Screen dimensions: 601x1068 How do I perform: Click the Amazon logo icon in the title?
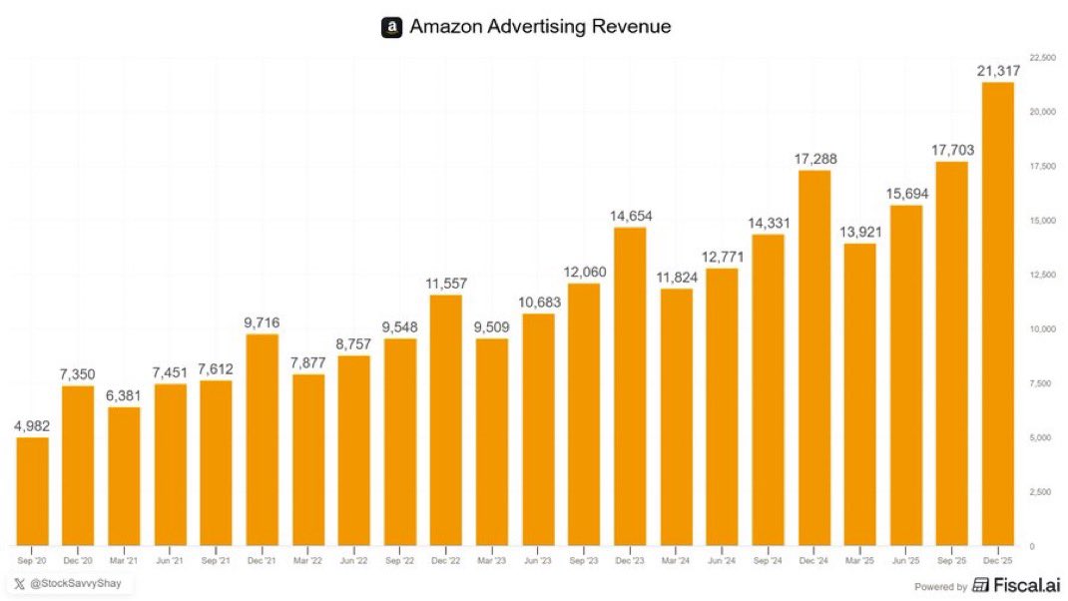[x=391, y=27]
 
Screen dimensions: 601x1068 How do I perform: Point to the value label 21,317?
[x=997, y=69]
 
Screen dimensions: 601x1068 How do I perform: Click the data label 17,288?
[x=814, y=158]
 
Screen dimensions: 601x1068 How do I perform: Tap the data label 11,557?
[x=446, y=283]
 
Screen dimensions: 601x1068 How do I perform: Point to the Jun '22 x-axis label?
[x=354, y=560]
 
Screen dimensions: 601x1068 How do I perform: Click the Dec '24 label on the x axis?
[x=814, y=560]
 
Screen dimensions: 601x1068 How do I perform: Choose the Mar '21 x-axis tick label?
[x=124, y=560]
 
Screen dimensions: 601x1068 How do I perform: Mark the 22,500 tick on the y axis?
[x=1042, y=58]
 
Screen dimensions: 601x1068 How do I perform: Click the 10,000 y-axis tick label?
[x=1042, y=329]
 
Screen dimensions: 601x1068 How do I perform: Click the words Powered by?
[x=941, y=587]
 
